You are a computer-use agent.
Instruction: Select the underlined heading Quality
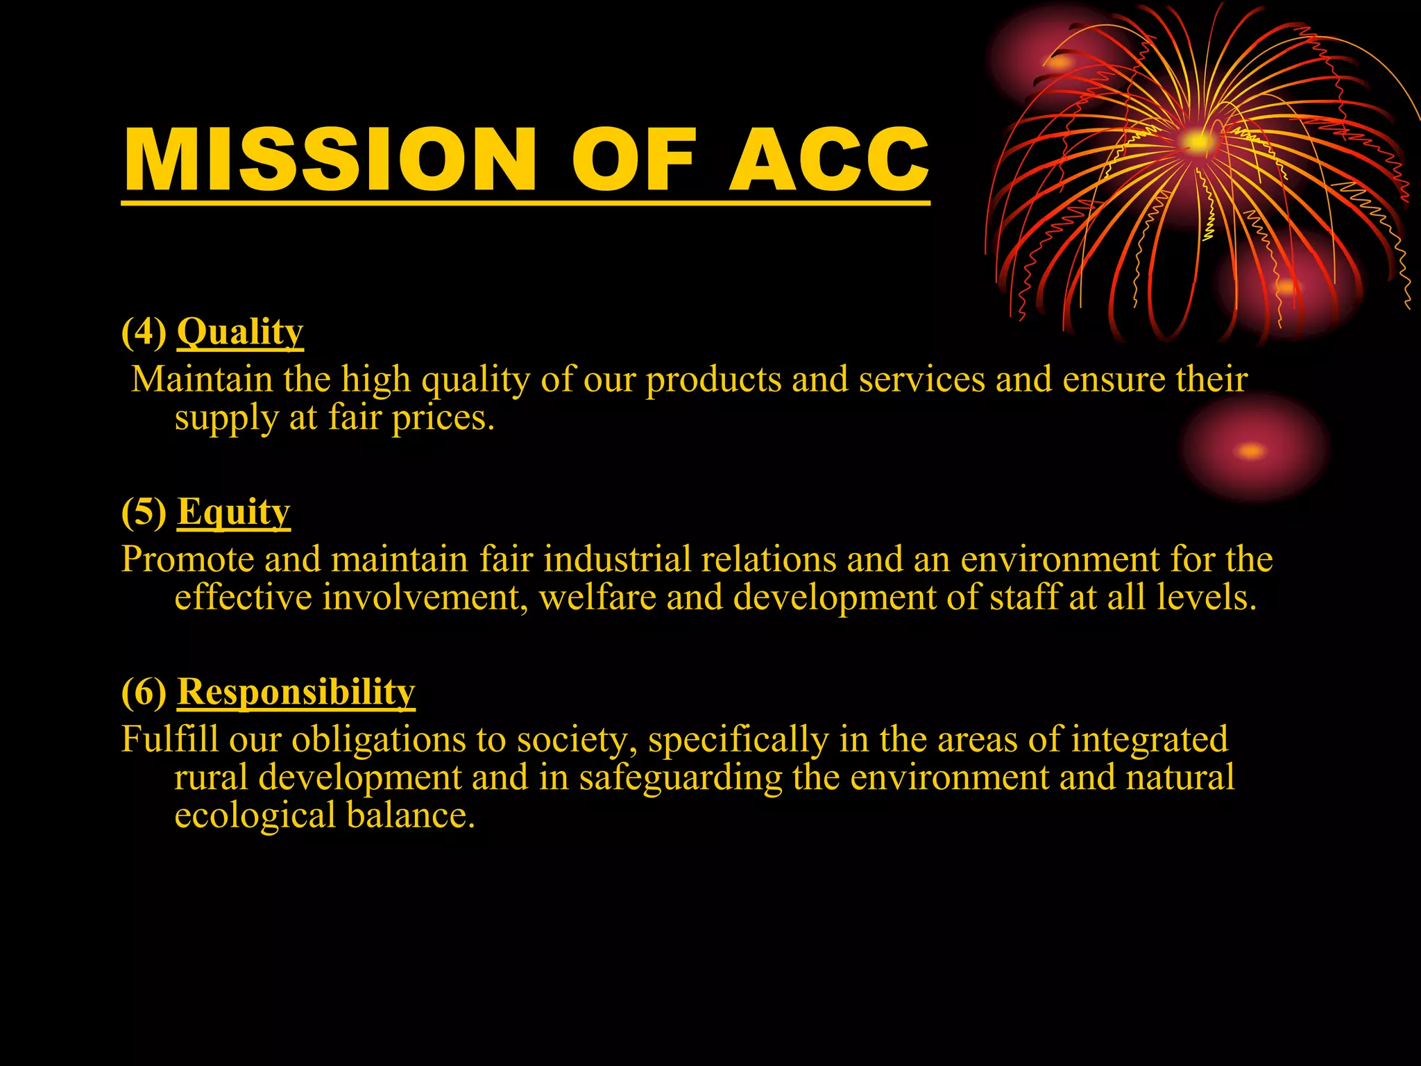click(x=240, y=332)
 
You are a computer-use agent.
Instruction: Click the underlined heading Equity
click(x=233, y=512)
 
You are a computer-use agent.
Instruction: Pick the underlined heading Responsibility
click(x=296, y=692)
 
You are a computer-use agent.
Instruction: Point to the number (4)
click(x=144, y=332)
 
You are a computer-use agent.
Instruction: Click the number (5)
click(x=144, y=512)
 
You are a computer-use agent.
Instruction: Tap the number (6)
click(x=144, y=692)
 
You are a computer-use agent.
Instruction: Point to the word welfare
click(x=597, y=598)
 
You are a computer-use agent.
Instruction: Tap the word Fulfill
click(x=169, y=739)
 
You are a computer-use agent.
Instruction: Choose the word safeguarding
click(x=681, y=777)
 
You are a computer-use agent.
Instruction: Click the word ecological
click(x=255, y=815)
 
